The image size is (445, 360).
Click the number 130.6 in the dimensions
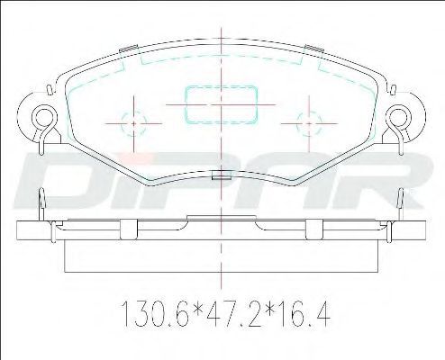click(x=156, y=314)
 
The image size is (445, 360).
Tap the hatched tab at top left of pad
click(x=129, y=49)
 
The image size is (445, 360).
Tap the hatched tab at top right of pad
click(x=313, y=48)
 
